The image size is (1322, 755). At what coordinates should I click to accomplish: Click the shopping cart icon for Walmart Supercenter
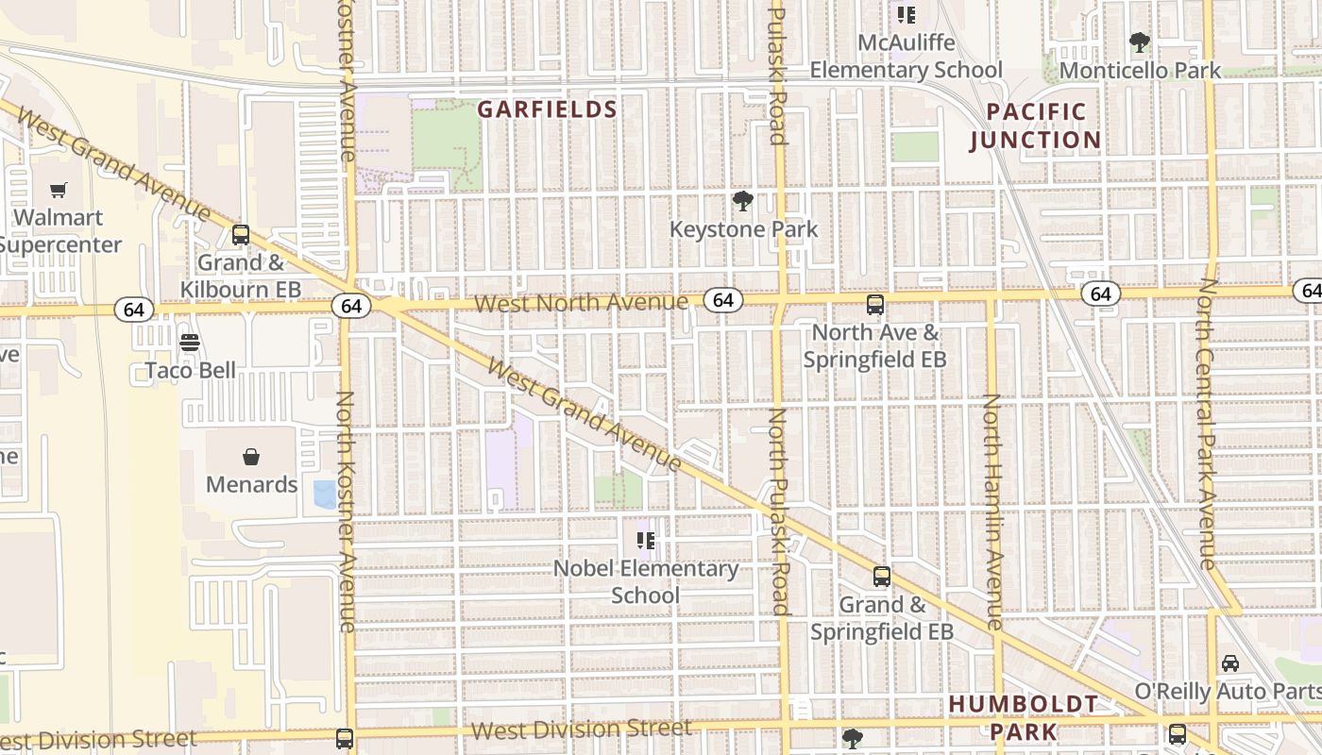tap(59, 191)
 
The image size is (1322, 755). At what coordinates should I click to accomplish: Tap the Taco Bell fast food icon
tap(190, 343)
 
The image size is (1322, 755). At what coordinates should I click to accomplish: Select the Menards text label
tap(252, 484)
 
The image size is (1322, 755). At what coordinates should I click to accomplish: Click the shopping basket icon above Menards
tap(252, 458)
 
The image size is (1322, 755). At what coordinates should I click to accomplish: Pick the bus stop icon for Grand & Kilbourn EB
tap(241, 235)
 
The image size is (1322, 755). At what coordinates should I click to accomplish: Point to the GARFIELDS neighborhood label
tap(547, 109)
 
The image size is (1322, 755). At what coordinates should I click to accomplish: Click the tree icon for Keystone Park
tap(743, 201)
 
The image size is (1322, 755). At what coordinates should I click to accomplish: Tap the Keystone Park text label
tap(743, 229)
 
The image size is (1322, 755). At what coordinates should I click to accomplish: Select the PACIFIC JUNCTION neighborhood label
tap(1035, 126)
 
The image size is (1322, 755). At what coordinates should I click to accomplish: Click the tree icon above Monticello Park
tap(1140, 42)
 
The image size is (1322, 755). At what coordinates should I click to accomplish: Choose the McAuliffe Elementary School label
tap(906, 57)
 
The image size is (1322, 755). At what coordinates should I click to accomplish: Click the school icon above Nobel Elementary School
tap(646, 541)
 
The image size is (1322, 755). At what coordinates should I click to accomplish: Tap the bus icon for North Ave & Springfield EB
tap(875, 305)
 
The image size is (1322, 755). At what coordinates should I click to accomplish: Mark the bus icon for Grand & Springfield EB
tap(881, 577)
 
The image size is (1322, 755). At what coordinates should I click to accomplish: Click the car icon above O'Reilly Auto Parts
tap(1230, 663)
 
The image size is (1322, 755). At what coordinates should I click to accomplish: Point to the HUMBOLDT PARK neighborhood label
tap(1024, 717)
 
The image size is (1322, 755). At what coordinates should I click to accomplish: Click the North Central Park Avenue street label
tap(1209, 424)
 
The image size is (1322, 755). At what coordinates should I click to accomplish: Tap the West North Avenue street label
tap(581, 303)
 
